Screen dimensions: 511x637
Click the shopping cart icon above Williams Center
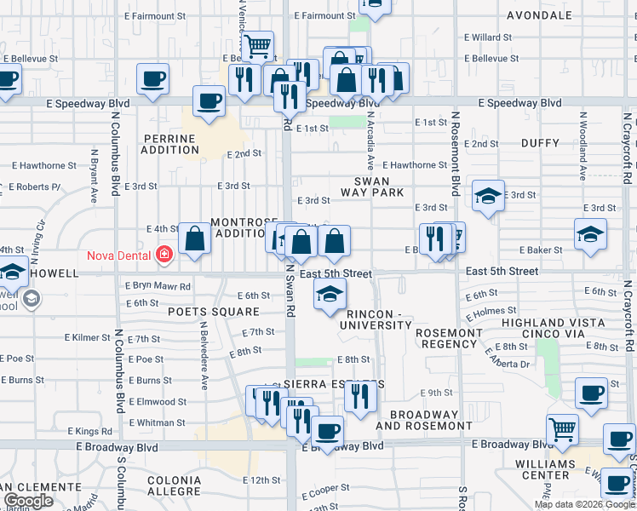pyautogui.click(x=561, y=431)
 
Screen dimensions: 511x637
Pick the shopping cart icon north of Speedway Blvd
pyautogui.click(x=257, y=45)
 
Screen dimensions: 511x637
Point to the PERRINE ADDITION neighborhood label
pyautogui.click(x=170, y=144)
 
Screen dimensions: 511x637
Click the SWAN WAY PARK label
pyautogui.click(x=380, y=187)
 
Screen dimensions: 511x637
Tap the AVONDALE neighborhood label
pyautogui.click(x=539, y=15)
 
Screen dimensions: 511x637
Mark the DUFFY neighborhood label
pyautogui.click(x=540, y=143)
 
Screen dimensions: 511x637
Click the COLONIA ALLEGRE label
pyautogui.click(x=174, y=485)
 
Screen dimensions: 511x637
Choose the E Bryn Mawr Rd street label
pyautogui.click(x=158, y=286)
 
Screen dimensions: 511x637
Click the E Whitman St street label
pyautogui.click(x=158, y=422)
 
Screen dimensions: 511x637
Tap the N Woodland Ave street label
pyautogui.click(x=583, y=159)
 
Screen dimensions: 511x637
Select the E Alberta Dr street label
pyautogui.click(x=508, y=357)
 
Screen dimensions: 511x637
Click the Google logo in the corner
pyautogui.click(x=28, y=501)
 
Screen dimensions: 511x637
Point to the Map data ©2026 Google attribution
pyautogui.click(x=583, y=504)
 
